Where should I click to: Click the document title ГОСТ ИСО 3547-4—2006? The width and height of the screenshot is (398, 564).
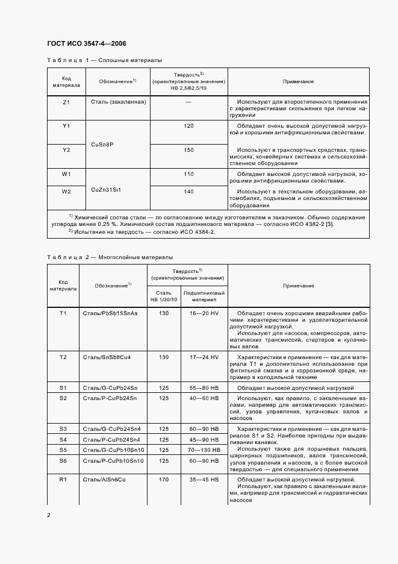[86, 43]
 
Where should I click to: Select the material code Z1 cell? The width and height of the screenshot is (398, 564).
[66, 102]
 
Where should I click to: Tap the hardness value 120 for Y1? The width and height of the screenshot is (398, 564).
[188, 125]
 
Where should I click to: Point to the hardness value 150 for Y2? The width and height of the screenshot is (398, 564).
[188, 149]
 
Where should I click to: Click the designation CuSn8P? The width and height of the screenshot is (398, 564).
[102, 145]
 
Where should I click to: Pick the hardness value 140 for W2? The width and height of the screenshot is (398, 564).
[188, 191]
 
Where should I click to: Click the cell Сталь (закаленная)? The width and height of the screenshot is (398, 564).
[118, 102]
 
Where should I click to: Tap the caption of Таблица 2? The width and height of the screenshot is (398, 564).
[110, 257]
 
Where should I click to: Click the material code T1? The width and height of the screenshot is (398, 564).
[63, 313]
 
